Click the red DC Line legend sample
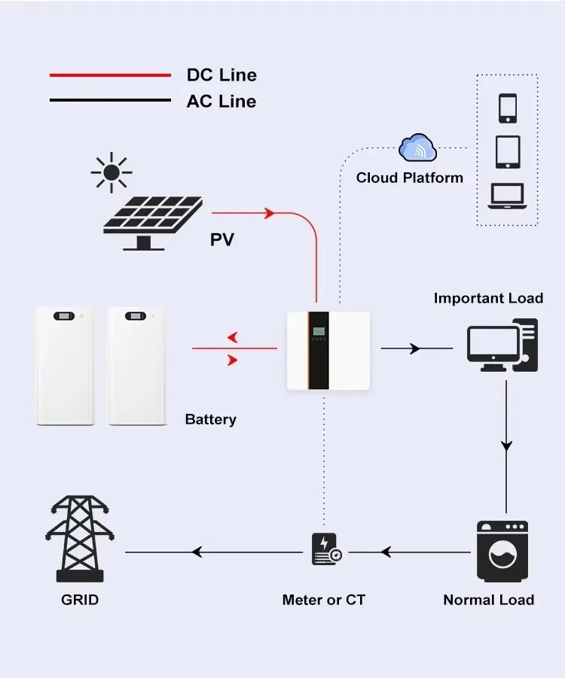110,75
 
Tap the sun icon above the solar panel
111,172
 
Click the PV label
221,240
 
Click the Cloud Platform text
410,178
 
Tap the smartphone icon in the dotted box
507,108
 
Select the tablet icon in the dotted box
507,151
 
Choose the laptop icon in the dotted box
507,196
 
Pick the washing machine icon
502,552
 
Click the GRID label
80,600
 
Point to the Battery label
210,419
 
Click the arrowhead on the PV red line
269,214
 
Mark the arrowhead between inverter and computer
414,348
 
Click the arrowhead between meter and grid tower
197,552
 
